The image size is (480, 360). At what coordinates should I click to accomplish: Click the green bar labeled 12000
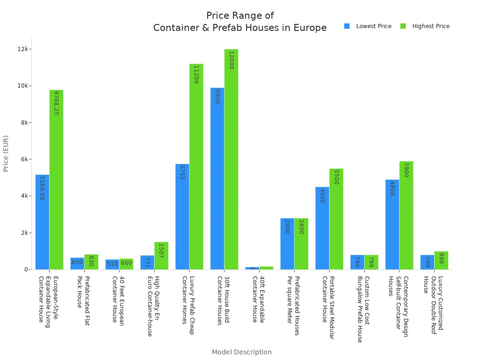[x=231, y=159]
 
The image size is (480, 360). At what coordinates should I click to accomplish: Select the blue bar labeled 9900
[x=217, y=179]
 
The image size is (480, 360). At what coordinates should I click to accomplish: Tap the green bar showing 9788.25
[x=56, y=180]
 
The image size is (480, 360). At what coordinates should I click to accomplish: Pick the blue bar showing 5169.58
[x=42, y=222]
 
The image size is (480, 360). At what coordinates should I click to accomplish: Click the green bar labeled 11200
[x=196, y=166]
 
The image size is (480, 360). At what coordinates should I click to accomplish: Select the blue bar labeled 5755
[x=182, y=217]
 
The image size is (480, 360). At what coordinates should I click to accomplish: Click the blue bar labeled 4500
[x=322, y=228]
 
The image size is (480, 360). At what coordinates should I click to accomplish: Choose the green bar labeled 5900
[x=406, y=215]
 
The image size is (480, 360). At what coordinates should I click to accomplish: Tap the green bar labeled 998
[x=441, y=260]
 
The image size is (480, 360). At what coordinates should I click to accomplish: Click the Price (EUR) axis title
[x=6, y=153]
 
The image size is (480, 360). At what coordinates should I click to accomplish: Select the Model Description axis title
[x=241, y=352]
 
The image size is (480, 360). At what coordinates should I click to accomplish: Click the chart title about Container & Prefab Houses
[x=240, y=22]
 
